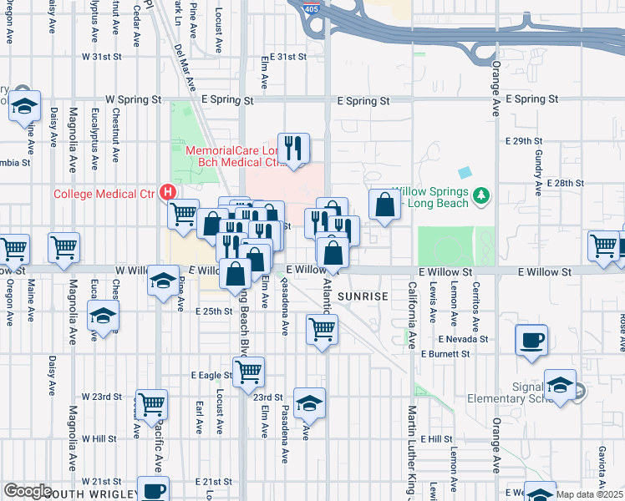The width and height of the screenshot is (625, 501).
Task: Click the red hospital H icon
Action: click(168, 192)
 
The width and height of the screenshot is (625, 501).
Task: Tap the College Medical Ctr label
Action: click(104, 194)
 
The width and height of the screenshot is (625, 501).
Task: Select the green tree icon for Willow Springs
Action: click(480, 196)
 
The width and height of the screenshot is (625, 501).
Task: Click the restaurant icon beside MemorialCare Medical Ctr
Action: click(293, 149)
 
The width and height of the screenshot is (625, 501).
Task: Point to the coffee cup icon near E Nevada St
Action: click(531, 340)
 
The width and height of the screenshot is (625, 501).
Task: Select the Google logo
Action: click(27, 491)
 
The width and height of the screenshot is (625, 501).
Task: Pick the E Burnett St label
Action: click(447, 354)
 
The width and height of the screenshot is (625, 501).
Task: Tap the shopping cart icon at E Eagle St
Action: click(248, 372)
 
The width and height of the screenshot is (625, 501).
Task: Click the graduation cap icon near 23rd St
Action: click(309, 402)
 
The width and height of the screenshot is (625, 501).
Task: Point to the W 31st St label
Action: click(102, 57)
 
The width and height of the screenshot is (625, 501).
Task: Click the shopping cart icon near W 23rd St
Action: click(151, 404)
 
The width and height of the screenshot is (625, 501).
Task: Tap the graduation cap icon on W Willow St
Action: click(165, 281)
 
